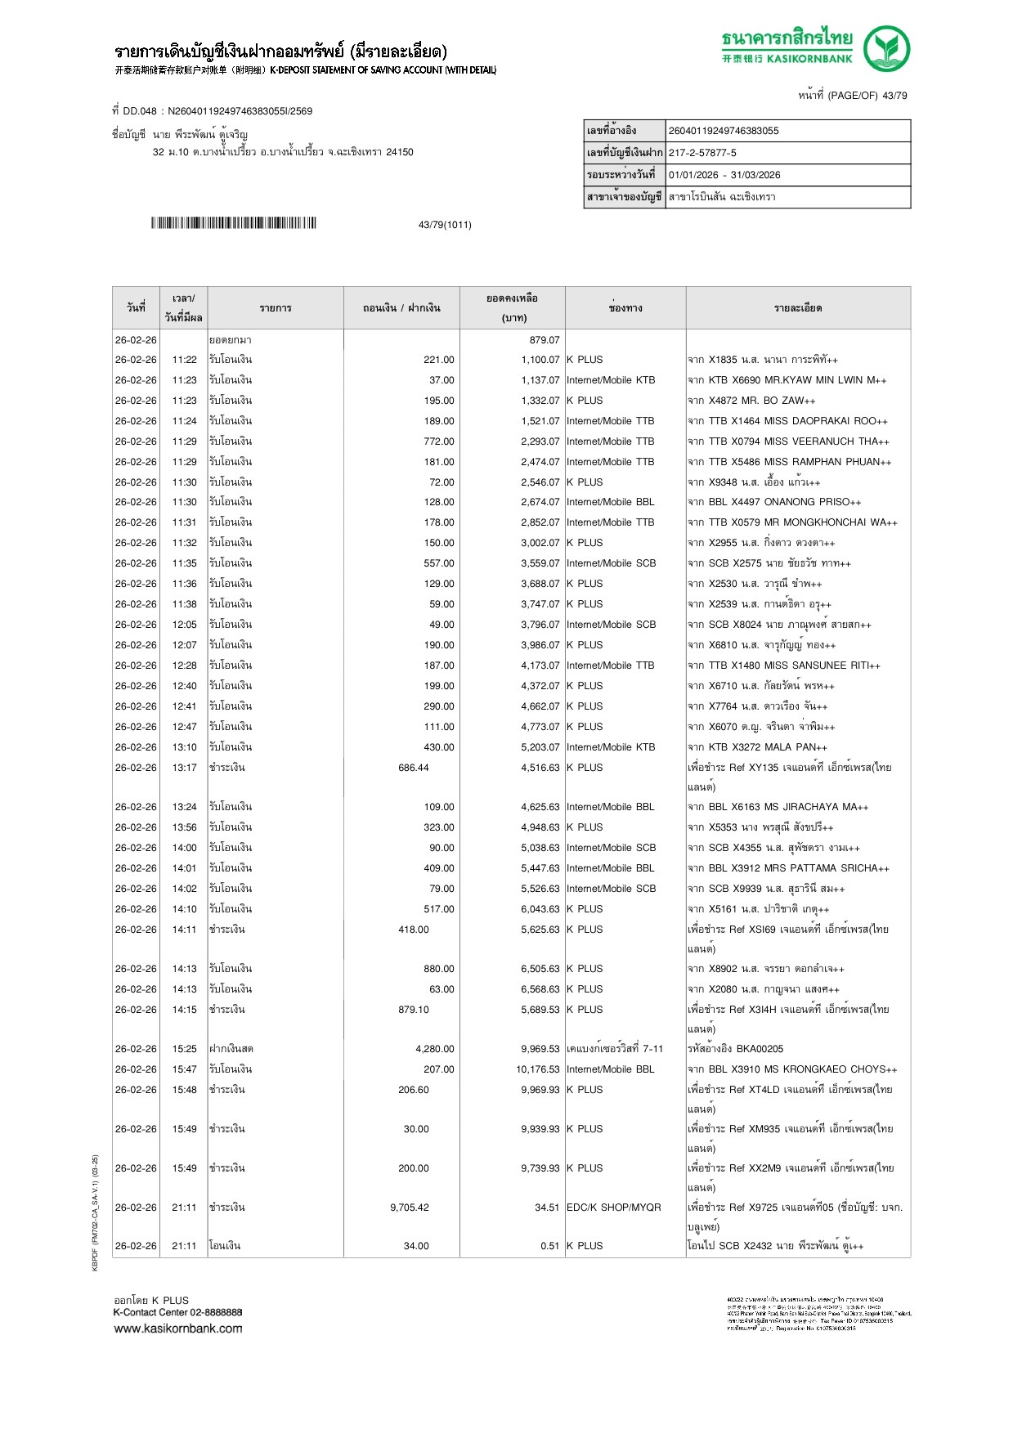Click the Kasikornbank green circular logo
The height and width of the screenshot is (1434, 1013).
(x=886, y=48)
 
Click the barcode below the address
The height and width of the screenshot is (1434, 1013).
(x=233, y=223)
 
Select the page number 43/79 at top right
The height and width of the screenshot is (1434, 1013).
(x=894, y=96)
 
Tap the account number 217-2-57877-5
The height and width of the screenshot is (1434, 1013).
(x=702, y=153)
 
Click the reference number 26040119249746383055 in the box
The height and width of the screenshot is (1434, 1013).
(x=724, y=131)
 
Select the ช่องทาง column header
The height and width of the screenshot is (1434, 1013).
(x=625, y=308)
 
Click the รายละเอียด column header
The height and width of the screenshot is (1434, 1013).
(x=798, y=308)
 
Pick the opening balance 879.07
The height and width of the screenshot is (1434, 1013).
(x=545, y=340)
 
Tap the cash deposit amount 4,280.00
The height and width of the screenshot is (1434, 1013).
(x=435, y=1049)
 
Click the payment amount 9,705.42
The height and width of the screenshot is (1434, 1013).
(x=410, y=1208)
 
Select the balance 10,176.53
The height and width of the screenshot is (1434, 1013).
(x=538, y=1069)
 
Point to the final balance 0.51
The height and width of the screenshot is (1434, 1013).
(x=549, y=1246)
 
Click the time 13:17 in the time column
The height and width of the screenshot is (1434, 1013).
(x=184, y=768)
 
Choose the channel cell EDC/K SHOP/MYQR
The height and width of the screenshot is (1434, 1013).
(x=614, y=1208)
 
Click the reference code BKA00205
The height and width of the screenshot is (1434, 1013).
(x=760, y=1049)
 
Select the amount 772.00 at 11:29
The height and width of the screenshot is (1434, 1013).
(x=439, y=441)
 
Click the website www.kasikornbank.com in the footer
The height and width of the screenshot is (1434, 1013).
(x=178, y=1329)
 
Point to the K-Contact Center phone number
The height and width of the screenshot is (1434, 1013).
(x=217, y=1312)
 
